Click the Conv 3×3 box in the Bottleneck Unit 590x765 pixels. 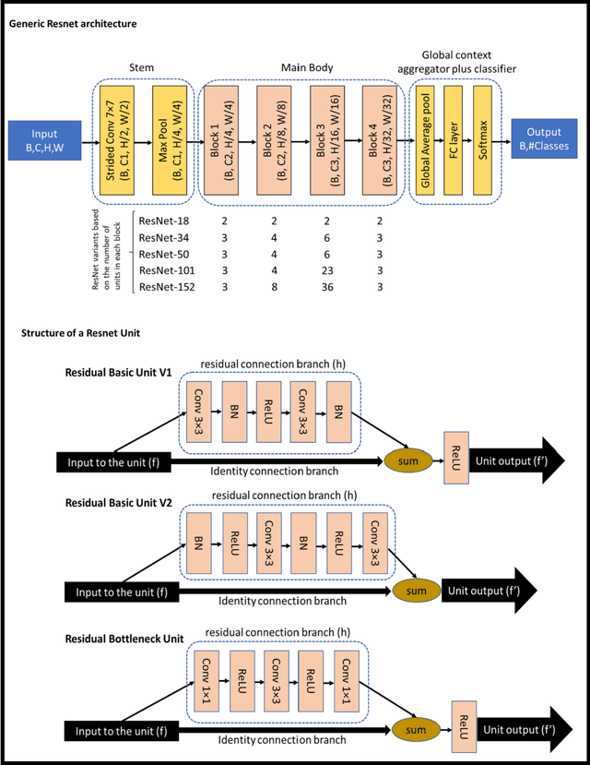(277, 681)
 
